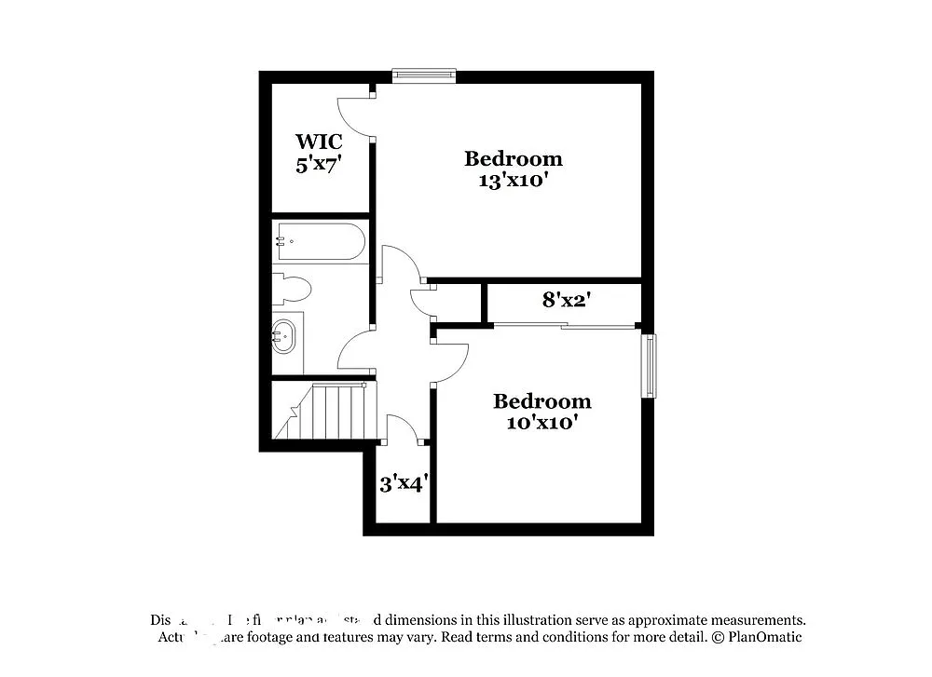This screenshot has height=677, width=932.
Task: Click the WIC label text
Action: point(319,142)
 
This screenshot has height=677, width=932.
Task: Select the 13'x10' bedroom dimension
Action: point(513,181)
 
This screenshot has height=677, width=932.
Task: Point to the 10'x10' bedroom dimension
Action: point(541,423)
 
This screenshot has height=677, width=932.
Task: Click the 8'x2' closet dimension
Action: point(568,300)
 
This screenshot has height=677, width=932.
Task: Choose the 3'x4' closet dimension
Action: point(403,484)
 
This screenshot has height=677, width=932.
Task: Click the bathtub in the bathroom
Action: point(319,241)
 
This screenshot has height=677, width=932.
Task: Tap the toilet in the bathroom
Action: point(292,289)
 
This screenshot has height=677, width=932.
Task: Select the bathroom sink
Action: point(284,336)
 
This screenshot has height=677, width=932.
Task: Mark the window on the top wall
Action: point(424,75)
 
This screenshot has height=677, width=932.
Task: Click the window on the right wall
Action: point(648,366)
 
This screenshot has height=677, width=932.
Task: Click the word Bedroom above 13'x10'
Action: point(513,158)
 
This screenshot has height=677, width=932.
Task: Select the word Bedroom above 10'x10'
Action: point(541,401)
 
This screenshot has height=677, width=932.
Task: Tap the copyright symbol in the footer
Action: point(717,638)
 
